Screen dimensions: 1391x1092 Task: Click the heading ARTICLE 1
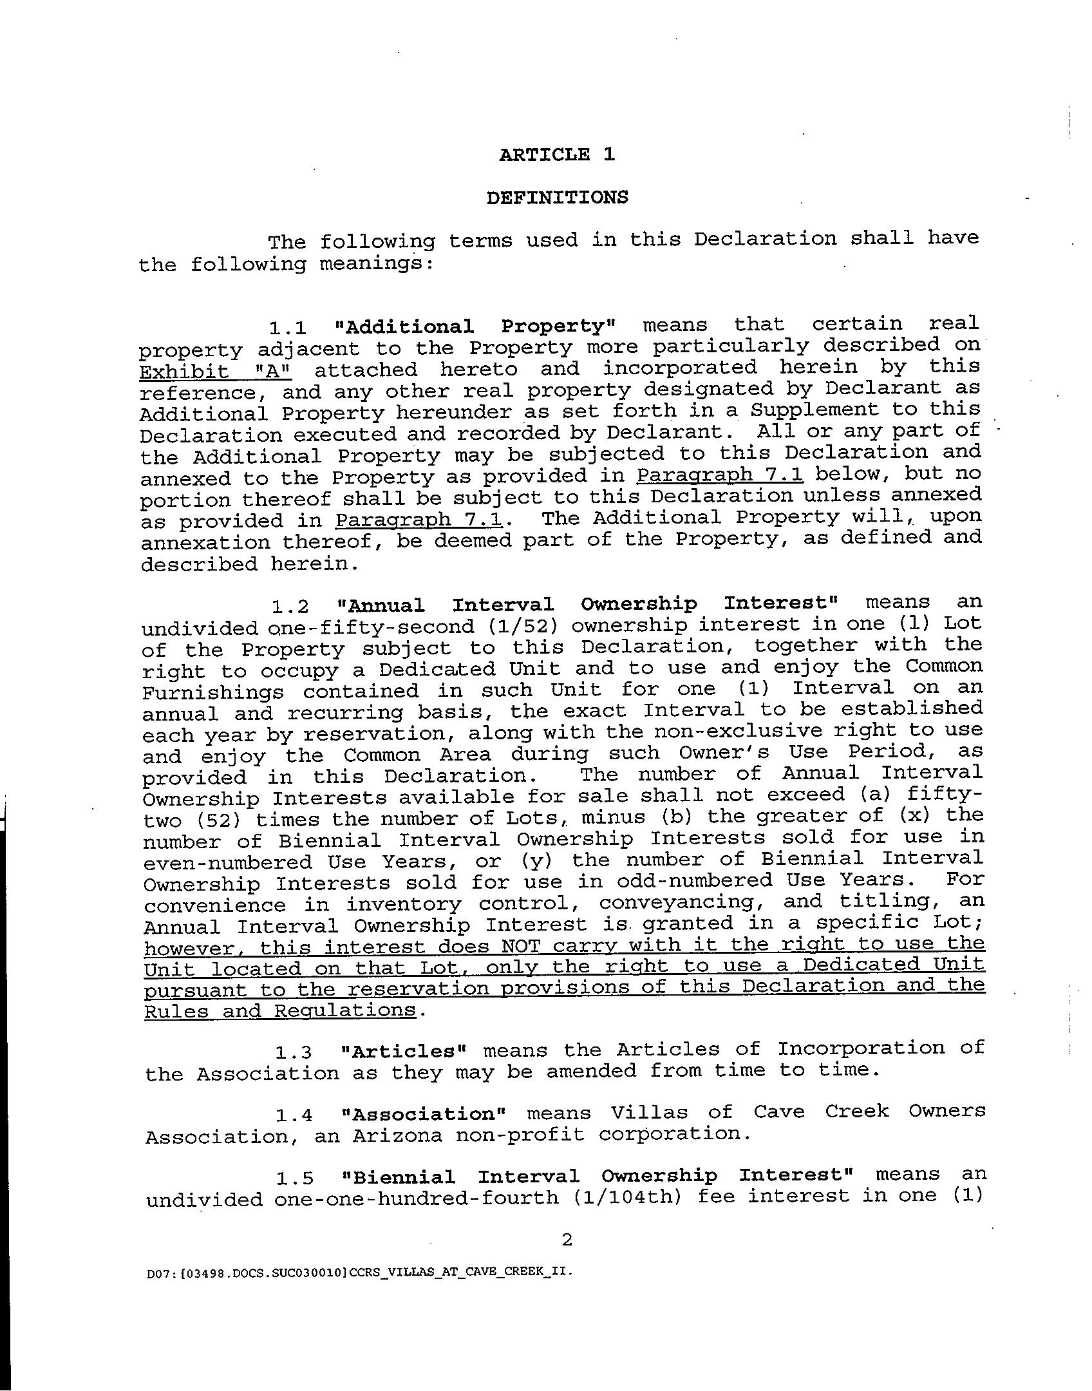click(557, 155)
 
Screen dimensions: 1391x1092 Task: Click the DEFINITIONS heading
click(557, 197)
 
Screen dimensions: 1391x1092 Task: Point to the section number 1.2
click(291, 607)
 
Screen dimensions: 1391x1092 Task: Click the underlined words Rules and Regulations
click(280, 1010)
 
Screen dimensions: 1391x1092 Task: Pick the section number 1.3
click(294, 1052)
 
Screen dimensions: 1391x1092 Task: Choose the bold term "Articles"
click(403, 1051)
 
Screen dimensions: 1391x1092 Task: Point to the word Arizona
click(397, 1135)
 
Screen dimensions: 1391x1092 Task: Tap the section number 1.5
click(295, 1178)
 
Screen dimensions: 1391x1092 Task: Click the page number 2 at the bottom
click(567, 1240)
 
